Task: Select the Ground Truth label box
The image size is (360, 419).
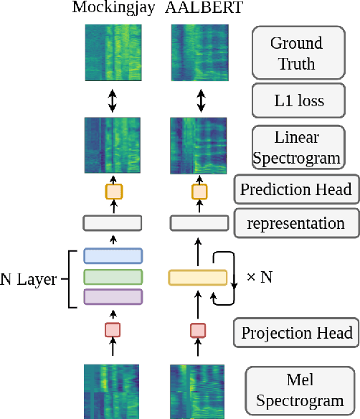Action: tap(297, 53)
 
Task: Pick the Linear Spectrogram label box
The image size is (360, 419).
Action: tap(297, 147)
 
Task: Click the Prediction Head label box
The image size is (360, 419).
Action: tap(296, 190)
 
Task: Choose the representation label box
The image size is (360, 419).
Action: tap(296, 223)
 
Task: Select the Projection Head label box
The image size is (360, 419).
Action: tap(296, 333)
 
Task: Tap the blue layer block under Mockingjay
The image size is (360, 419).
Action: tap(113, 256)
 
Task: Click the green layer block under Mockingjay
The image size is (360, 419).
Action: tap(113, 276)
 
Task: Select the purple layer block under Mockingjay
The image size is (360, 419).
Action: tap(113, 296)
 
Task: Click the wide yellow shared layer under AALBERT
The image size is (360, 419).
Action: tap(198, 277)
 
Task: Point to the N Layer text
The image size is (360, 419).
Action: tap(28, 279)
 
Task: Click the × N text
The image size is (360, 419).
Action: tap(259, 277)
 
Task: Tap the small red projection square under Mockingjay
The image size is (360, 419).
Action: tap(113, 330)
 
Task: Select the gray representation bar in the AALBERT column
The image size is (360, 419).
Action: tap(199, 223)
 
